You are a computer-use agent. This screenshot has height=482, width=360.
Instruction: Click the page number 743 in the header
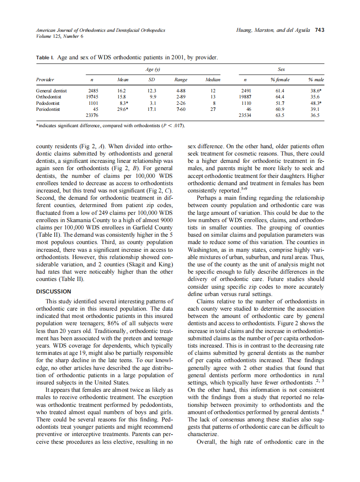[319, 31]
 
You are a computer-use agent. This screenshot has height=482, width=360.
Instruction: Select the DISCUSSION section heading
[54, 291]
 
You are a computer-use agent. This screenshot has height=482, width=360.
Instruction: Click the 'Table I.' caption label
[45, 57]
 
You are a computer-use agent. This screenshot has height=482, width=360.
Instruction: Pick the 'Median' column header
[213, 80]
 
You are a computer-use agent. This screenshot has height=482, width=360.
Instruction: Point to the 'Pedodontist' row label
[48, 103]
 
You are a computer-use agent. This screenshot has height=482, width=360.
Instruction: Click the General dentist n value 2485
[93, 91]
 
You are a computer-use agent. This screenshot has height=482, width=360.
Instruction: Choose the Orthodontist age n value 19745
[92, 97]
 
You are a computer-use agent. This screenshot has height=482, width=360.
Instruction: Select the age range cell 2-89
[180, 97]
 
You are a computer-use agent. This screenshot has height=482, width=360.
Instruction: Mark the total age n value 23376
[92, 116]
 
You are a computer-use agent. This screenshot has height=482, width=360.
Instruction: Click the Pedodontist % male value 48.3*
[317, 103]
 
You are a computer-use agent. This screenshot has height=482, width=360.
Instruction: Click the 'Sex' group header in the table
[281, 69]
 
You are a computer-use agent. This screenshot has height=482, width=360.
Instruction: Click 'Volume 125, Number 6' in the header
[60, 36]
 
